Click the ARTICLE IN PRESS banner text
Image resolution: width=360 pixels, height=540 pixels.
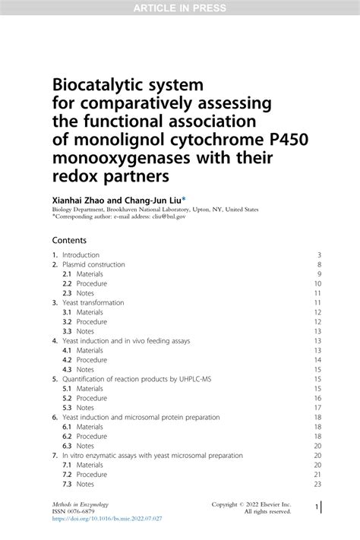[x=179, y=8]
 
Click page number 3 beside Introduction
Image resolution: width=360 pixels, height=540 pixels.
[x=320, y=254]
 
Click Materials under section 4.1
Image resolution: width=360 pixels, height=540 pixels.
[x=89, y=350]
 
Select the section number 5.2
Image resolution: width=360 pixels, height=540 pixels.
[x=67, y=398]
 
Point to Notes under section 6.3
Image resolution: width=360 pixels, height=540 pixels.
[x=85, y=446]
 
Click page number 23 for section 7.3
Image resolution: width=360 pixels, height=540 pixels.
[x=317, y=484]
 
